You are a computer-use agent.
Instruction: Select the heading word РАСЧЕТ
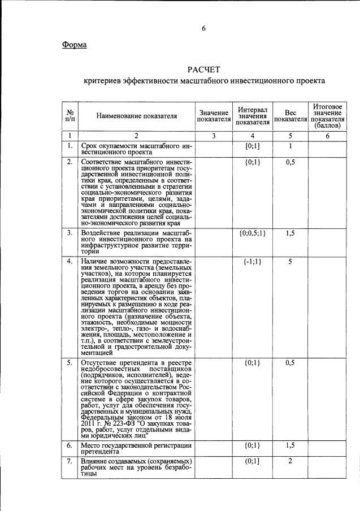click(203, 70)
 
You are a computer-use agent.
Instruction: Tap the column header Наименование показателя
click(136, 116)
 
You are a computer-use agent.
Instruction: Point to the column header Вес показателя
click(290, 116)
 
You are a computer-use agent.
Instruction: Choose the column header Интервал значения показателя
click(253, 115)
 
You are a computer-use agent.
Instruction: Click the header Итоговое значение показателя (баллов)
click(327, 115)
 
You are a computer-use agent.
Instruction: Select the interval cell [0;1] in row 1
click(253, 146)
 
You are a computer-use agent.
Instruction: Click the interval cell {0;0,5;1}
click(253, 232)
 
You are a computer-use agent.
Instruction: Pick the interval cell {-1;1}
click(253, 262)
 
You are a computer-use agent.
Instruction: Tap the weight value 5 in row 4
click(290, 262)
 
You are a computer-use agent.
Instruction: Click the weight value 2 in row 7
click(290, 461)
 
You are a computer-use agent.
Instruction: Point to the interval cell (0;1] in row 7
click(253, 461)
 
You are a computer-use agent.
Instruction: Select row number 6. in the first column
click(70, 445)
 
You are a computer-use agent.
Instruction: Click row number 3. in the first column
click(70, 232)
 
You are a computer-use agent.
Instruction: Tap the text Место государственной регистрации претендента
click(136, 449)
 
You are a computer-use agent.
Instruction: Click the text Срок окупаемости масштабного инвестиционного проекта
click(136, 150)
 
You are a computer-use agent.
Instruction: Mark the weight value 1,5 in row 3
click(290, 232)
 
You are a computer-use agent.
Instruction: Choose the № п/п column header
click(70, 116)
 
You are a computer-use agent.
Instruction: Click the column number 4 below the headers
click(253, 136)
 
